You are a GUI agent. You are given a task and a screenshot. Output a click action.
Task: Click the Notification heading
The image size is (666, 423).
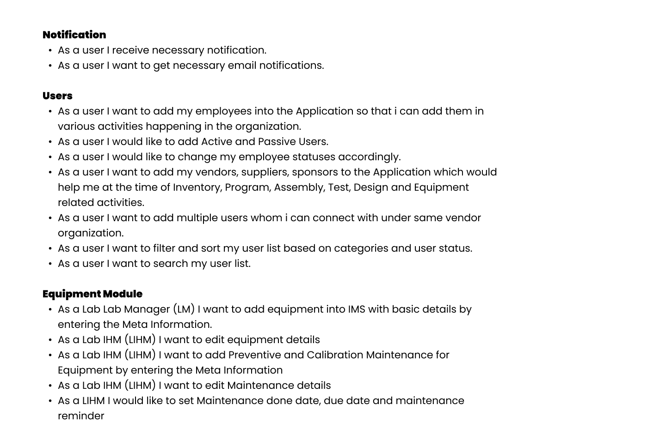pyautogui.click(x=74, y=35)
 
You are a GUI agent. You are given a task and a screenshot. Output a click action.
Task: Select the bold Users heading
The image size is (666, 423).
pyautogui.click(x=57, y=96)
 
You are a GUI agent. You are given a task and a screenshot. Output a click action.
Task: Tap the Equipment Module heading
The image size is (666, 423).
pyautogui.click(x=92, y=294)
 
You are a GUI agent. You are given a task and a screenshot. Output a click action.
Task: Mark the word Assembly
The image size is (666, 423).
pyautogui.click(x=299, y=187)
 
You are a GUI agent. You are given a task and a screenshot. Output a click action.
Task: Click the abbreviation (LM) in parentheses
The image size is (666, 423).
pyautogui.click(x=184, y=309)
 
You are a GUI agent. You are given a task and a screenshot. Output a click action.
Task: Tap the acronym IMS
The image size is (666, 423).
pyautogui.click(x=357, y=309)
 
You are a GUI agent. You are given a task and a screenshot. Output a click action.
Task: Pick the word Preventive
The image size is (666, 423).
pyautogui.click(x=255, y=355)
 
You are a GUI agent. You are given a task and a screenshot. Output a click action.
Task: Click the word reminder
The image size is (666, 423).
pyautogui.click(x=81, y=416)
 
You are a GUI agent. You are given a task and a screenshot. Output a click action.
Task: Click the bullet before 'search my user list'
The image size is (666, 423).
pyautogui.click(x=50, y=264)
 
